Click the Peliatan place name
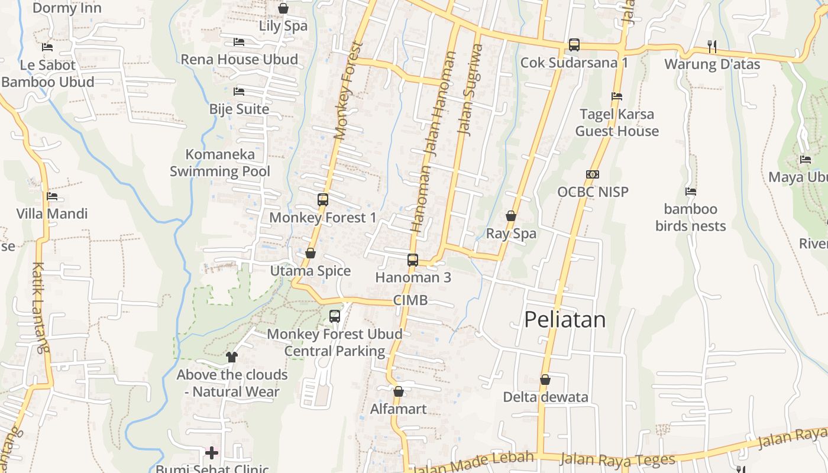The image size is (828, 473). (565, 320)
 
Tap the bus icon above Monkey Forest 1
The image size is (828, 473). (322, 200)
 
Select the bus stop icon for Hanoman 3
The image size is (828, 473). (413, 260)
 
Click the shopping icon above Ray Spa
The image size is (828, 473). (511, 216)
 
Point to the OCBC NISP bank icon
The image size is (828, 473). (593, 174)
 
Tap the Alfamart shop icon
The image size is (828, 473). (399, 391)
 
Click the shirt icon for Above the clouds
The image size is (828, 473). (231, 357)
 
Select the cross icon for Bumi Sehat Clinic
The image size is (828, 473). (212, 453)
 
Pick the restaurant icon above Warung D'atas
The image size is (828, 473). (712, 46)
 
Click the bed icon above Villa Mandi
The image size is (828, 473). (52, 196)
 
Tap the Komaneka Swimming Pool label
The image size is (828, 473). (220, 163)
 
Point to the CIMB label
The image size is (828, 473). (410, 300)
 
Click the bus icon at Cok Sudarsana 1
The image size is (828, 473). (574, 44)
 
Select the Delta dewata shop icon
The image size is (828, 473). (545, 380)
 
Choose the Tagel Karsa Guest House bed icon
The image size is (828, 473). (617, 96)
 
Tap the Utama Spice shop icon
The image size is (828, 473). (310, 254)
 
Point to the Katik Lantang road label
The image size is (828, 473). (38, 307)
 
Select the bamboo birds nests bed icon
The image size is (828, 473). (690, 192)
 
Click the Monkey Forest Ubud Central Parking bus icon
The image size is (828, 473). (335, 316)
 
